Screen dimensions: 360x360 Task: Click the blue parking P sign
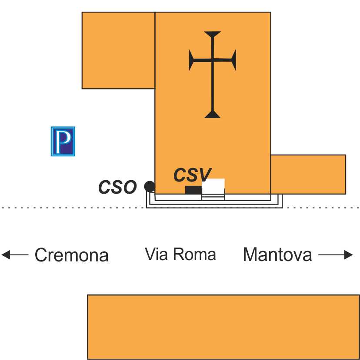click(63, 141)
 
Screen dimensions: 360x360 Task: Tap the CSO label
click(117, 187)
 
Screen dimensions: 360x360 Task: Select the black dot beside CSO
click(150, 187)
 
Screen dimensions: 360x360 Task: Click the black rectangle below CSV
click(193, 190)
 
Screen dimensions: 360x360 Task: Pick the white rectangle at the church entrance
click(213, 184)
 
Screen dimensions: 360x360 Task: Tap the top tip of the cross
click(212, 33)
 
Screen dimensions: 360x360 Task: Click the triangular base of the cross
click(212, 114)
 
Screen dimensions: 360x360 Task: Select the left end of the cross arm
click(191, 60)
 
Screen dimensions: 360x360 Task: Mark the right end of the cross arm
click(234, 60)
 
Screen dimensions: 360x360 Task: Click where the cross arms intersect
click(212, 60)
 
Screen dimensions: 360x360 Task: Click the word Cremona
click(71, 255)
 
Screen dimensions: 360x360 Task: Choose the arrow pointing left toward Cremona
click(15, 255)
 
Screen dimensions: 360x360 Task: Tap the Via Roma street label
click(180, 254)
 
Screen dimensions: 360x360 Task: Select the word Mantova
click(277, 254)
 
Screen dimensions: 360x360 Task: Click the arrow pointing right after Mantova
click(336, 255)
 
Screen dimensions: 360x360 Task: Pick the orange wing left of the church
click(118, 50)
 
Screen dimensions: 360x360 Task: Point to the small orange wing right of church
click(308, 174)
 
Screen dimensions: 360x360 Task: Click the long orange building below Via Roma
click(223, 327)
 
